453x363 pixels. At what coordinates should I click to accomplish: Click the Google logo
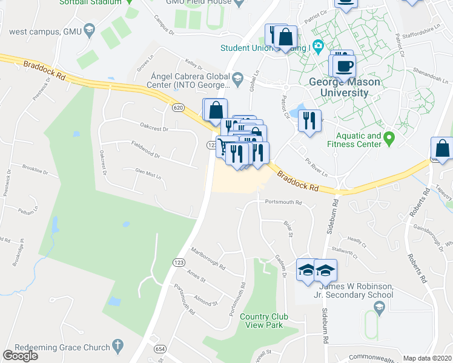(x=20, y=356)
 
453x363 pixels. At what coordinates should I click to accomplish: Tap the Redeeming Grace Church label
(x=56, y=348)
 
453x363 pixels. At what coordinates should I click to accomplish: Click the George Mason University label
(x=339, y=87)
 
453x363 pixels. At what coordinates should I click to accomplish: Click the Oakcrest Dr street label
(x=153, y=128)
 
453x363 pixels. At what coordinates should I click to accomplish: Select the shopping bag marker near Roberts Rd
(x=443, y=148)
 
